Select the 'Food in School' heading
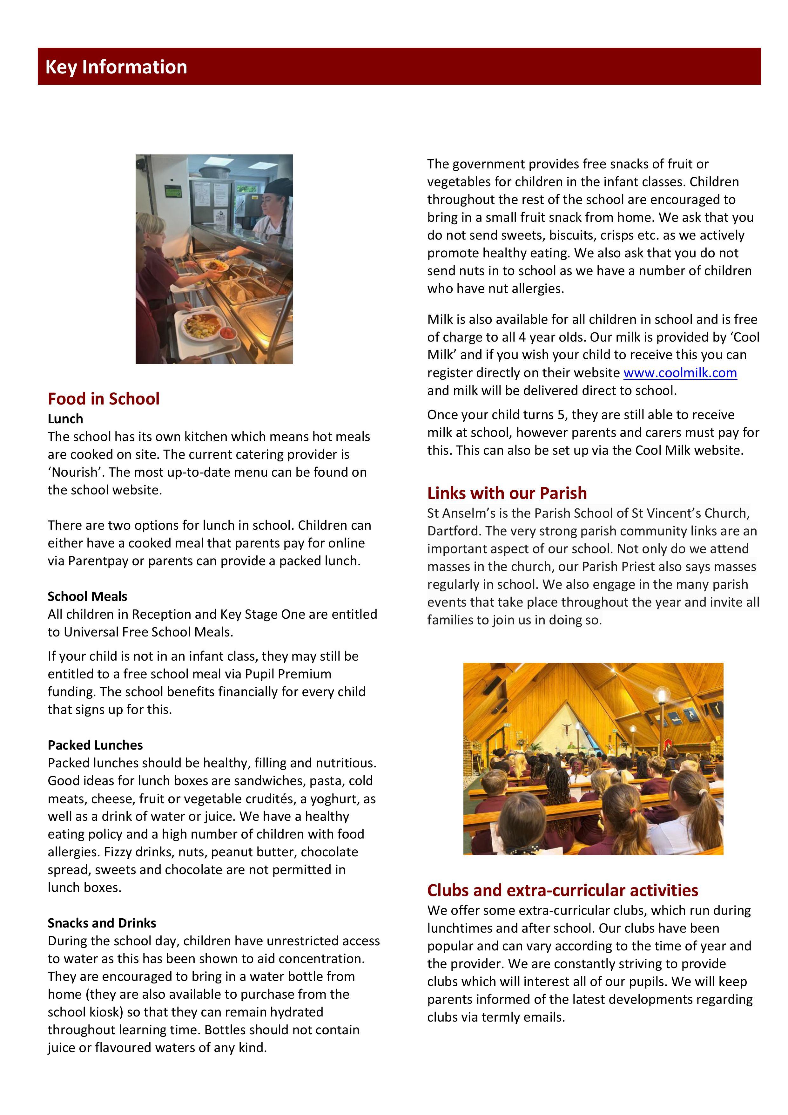coord(104,399)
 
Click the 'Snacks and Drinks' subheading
coord(102,923)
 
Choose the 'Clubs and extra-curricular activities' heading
coord(562,890)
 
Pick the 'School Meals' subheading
coord(87,596)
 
